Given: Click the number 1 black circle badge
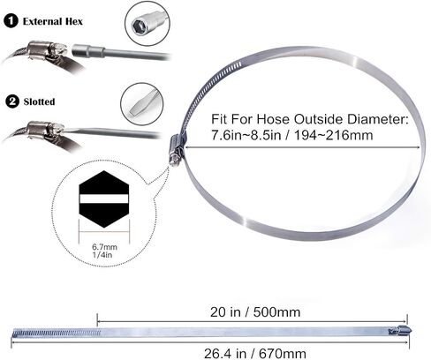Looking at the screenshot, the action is pos(11,21).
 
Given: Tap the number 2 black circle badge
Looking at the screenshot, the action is pos(12,101).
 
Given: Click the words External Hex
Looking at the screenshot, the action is pos(53,21).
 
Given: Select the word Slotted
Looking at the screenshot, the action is pos(39,101).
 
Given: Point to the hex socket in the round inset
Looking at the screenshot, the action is pos(139,23).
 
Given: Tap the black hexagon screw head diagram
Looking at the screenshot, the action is pos(104,199).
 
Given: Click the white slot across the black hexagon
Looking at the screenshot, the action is pos(104,199).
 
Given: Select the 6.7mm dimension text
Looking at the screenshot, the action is pos(104,247).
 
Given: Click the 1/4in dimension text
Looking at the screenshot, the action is pos(102,255).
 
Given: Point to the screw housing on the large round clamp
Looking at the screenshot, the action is pos(177,149).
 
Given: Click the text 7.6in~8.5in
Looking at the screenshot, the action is pos(246,135).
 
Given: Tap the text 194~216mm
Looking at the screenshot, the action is pos(334,135).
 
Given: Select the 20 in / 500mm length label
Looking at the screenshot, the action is pos(255,312).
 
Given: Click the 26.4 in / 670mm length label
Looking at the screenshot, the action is pos(255,353).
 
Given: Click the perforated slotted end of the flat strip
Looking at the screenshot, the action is pos(57,334).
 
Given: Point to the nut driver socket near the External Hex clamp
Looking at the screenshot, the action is pos(88,51).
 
